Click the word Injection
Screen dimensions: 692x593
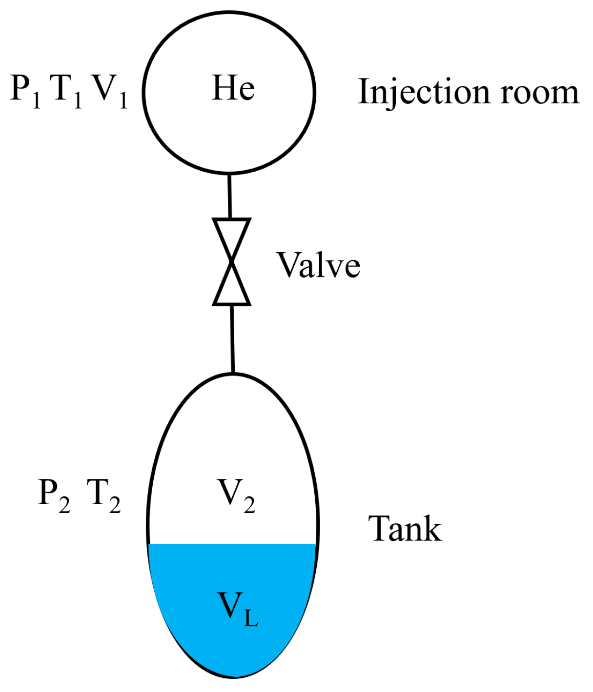422,93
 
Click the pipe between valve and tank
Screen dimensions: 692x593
232,339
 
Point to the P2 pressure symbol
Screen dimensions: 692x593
54,494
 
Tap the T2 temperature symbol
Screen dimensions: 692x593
103,494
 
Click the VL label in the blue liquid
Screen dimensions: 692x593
237,608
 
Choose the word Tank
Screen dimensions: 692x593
405,529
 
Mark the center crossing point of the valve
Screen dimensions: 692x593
231,262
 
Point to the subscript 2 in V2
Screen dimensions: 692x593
249,505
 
